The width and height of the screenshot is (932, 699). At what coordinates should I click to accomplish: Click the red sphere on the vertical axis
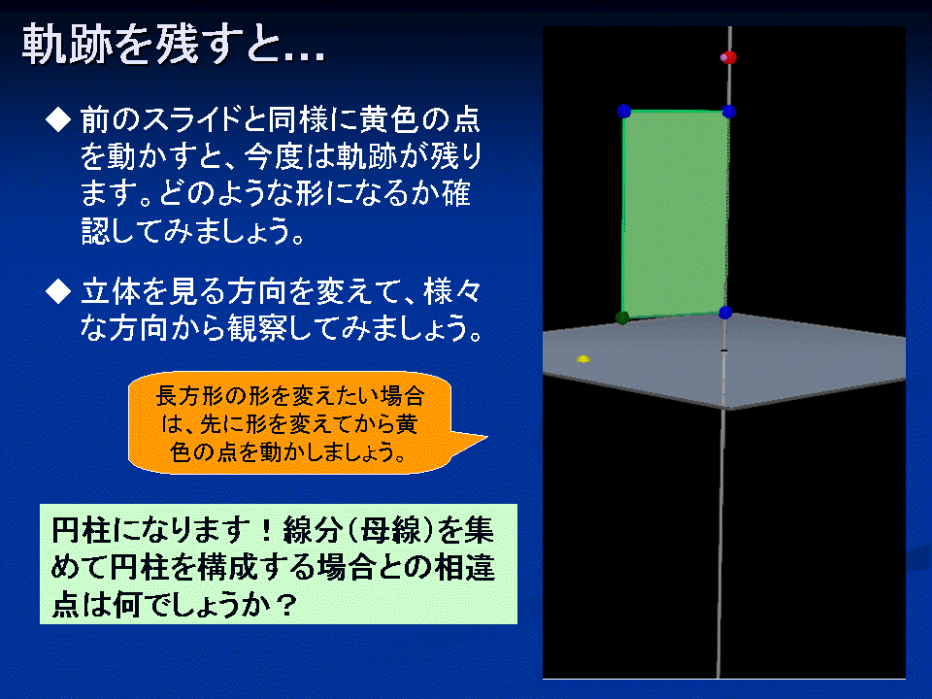click(x=729, y=57)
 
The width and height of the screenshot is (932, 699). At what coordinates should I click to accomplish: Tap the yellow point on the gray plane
click(x=583, y=359)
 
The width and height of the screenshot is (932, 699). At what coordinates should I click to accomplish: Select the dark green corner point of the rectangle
click(x=622, y=318)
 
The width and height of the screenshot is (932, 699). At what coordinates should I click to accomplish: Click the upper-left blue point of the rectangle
click(x=623, y=111)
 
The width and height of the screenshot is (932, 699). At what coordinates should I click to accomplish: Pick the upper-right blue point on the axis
click(x=729, y=112)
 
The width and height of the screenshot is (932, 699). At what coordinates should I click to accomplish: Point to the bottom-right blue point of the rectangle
click(x=725, y=312)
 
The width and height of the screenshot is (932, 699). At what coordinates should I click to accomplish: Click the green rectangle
click(x=676, y=214)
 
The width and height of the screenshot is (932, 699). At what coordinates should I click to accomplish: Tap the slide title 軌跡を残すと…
click(x=173, y=45)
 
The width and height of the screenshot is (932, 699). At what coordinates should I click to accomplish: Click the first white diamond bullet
click(x=58, y=119)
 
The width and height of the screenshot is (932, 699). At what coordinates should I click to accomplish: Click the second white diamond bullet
click(x=58, y=291)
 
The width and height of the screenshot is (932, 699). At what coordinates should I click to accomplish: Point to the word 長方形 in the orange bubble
click(x=183, y=396)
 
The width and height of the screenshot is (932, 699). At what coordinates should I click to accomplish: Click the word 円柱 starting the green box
click(x=81, y=530)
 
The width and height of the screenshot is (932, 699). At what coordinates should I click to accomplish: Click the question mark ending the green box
click(x=286, y=606)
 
